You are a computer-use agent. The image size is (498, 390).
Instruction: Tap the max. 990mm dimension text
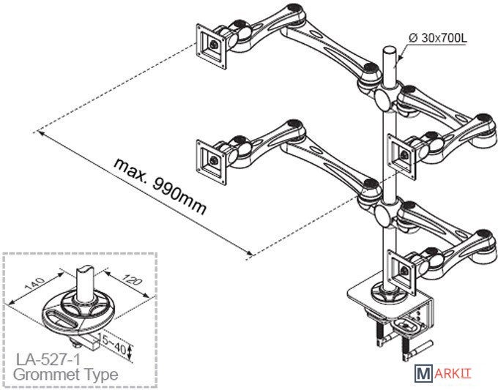pyautogui.click(x=160, y=185)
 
